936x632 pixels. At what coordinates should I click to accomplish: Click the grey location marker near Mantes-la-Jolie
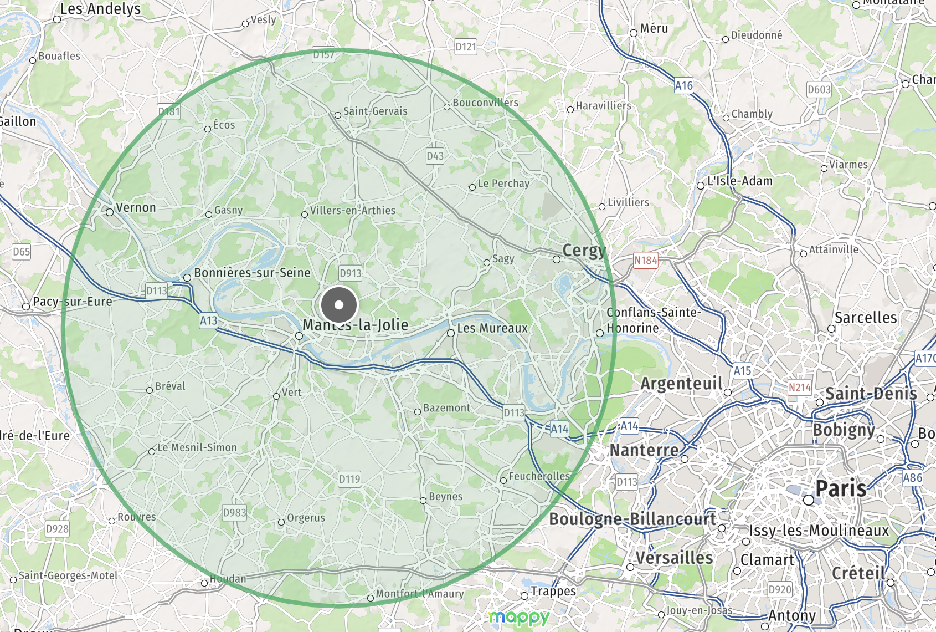[x=339, y=304]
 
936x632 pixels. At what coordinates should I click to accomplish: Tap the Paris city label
[x=841, y=489]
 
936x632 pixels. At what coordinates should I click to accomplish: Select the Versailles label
[x=674, y=558]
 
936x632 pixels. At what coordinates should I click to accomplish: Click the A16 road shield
[x=684, y=86]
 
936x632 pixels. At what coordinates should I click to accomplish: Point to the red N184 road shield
[x=646, y=261]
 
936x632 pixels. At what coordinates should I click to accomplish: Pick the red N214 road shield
[x=799, y=388]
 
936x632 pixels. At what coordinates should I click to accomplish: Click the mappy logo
[x=519, y=617]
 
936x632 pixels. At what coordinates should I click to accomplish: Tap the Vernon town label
[x=136, y=208]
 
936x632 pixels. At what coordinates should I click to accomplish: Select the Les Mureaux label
[x=492, y=328]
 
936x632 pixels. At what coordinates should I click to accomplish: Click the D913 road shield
[x=350, y=273]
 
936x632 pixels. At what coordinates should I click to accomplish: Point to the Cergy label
[x=583, y=251]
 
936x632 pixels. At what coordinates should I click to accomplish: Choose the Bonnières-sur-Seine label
[x=252, y=273]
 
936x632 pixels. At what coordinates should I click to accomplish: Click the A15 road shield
[x=742, y=371]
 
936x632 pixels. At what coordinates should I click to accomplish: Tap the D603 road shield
[x=819, y=90]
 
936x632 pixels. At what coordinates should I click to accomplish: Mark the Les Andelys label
[x=100, y=9]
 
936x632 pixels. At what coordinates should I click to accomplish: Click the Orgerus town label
[x=306, y=518]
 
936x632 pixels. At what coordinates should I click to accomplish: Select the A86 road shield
[x=913, y=478]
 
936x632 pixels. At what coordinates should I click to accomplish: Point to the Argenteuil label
[x=681, y=384]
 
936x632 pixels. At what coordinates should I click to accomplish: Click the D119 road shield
[x=349, y=480]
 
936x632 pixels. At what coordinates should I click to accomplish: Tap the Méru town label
[x=654, y=29]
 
